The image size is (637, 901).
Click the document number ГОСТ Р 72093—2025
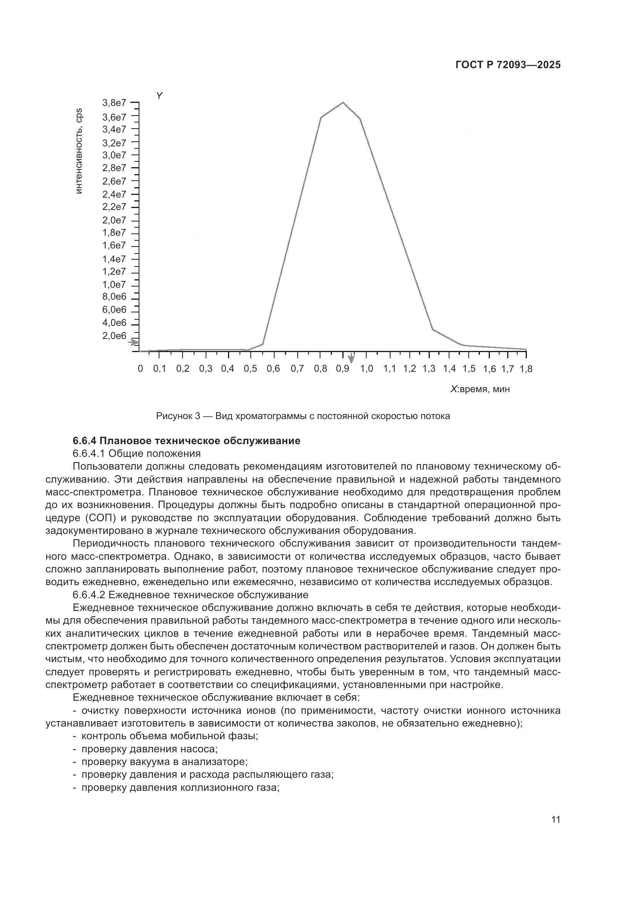point(508,65)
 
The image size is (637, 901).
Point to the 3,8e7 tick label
point(114,103)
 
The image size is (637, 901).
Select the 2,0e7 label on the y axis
point(114,220)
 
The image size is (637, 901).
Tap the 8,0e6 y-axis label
point(114,297)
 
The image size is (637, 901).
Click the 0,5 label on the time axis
point(250,369)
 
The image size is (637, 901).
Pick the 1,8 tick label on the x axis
point(526,369)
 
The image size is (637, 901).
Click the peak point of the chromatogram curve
point(343,103)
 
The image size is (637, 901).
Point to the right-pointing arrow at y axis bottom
point(134,342)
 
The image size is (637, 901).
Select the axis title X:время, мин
point(480,389)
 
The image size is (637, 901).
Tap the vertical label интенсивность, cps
point(79,151)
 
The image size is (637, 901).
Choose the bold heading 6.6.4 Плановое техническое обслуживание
point(186,441)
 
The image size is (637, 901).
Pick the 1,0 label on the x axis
point(366,369)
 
